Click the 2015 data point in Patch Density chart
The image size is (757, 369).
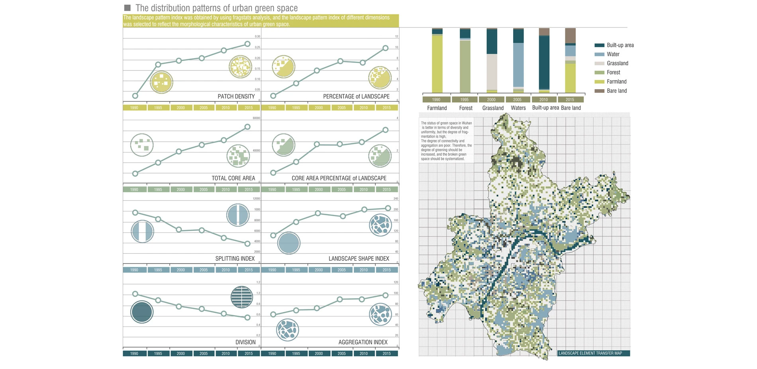(247, 44)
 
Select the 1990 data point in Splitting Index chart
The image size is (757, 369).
(135, 213)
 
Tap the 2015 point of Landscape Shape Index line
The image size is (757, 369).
(388, 208)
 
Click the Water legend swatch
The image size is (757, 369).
(599, 54)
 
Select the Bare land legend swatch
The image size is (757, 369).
(599, 91)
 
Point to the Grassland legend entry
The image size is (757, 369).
(617, 63)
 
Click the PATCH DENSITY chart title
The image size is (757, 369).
(236, 96)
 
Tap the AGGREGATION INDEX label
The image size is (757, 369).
(363, 342)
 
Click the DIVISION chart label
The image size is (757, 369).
(245, 342)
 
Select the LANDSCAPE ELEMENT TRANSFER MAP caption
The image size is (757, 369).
(590, 353)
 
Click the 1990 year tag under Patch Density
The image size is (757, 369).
(134, 107)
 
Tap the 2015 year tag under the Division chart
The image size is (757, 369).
(249, 353)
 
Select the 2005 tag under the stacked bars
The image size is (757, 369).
(517, 100)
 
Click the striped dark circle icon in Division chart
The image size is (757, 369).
(242, 297)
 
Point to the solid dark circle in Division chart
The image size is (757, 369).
(142, 312)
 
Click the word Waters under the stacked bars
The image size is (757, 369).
(518, 108)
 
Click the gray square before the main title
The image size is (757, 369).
(127, 8)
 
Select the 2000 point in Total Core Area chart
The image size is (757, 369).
(179, 151)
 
